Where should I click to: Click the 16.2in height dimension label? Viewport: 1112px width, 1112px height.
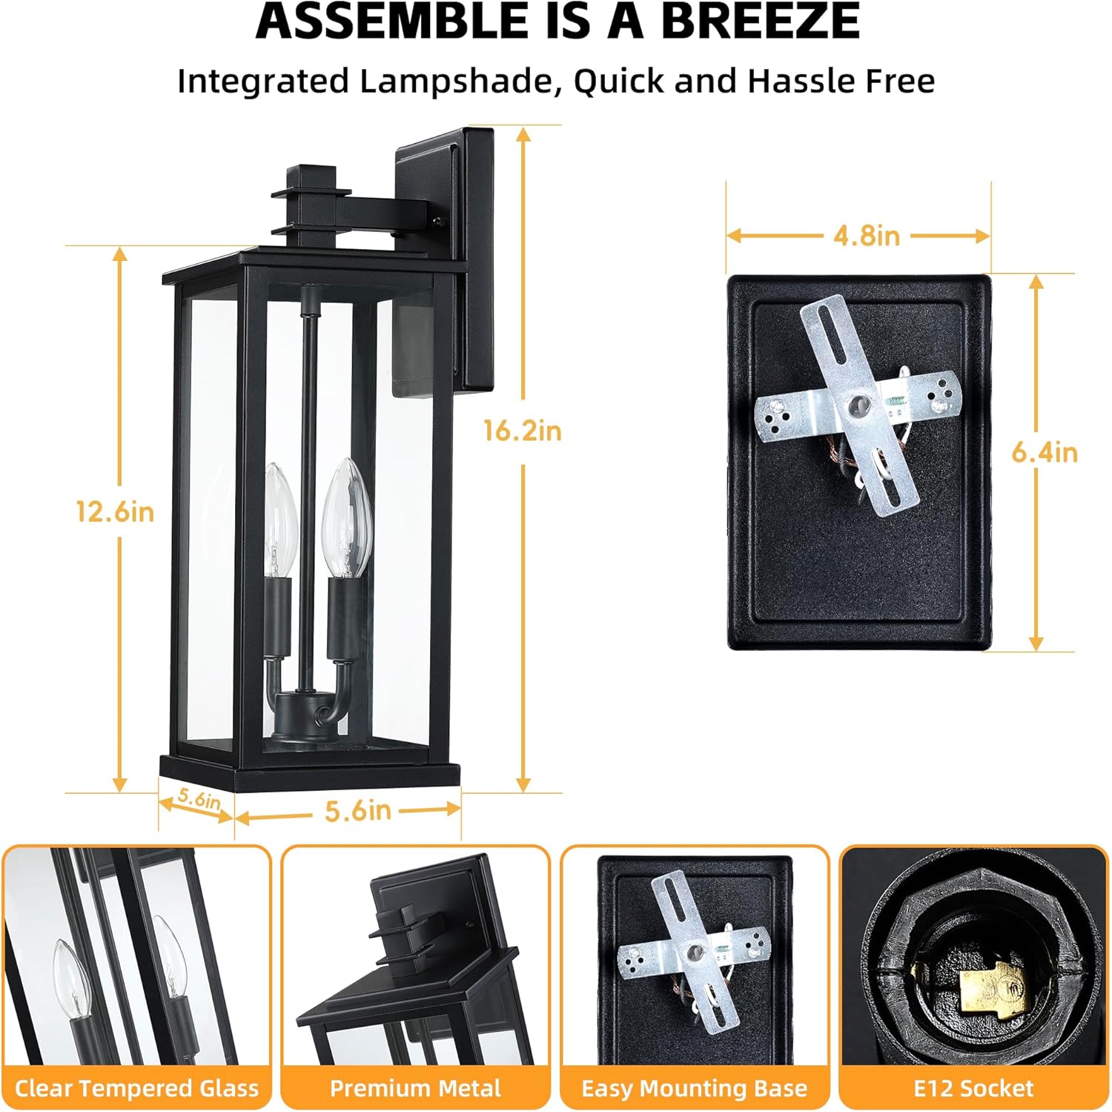pos(522,431)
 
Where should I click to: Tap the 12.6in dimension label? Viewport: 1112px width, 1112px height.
pos(115,512)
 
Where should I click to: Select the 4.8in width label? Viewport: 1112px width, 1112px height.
pos(866,236)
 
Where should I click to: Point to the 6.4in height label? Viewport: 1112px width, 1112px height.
pos(1044,452)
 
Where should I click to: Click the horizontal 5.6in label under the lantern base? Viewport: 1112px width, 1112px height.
pos(357,810)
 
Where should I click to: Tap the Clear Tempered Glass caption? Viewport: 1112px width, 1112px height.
pos(137,1088)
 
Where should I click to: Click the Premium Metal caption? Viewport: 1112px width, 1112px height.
pos(415,1088)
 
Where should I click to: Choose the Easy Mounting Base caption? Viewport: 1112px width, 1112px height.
pos(694,1088)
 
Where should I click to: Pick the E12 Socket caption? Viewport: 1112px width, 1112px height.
pos(973,1088)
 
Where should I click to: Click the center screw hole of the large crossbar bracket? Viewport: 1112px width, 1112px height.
pos(859,405)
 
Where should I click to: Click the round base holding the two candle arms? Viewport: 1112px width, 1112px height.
pos(301,712)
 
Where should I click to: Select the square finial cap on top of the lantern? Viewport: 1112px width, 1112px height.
pos(311,178)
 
